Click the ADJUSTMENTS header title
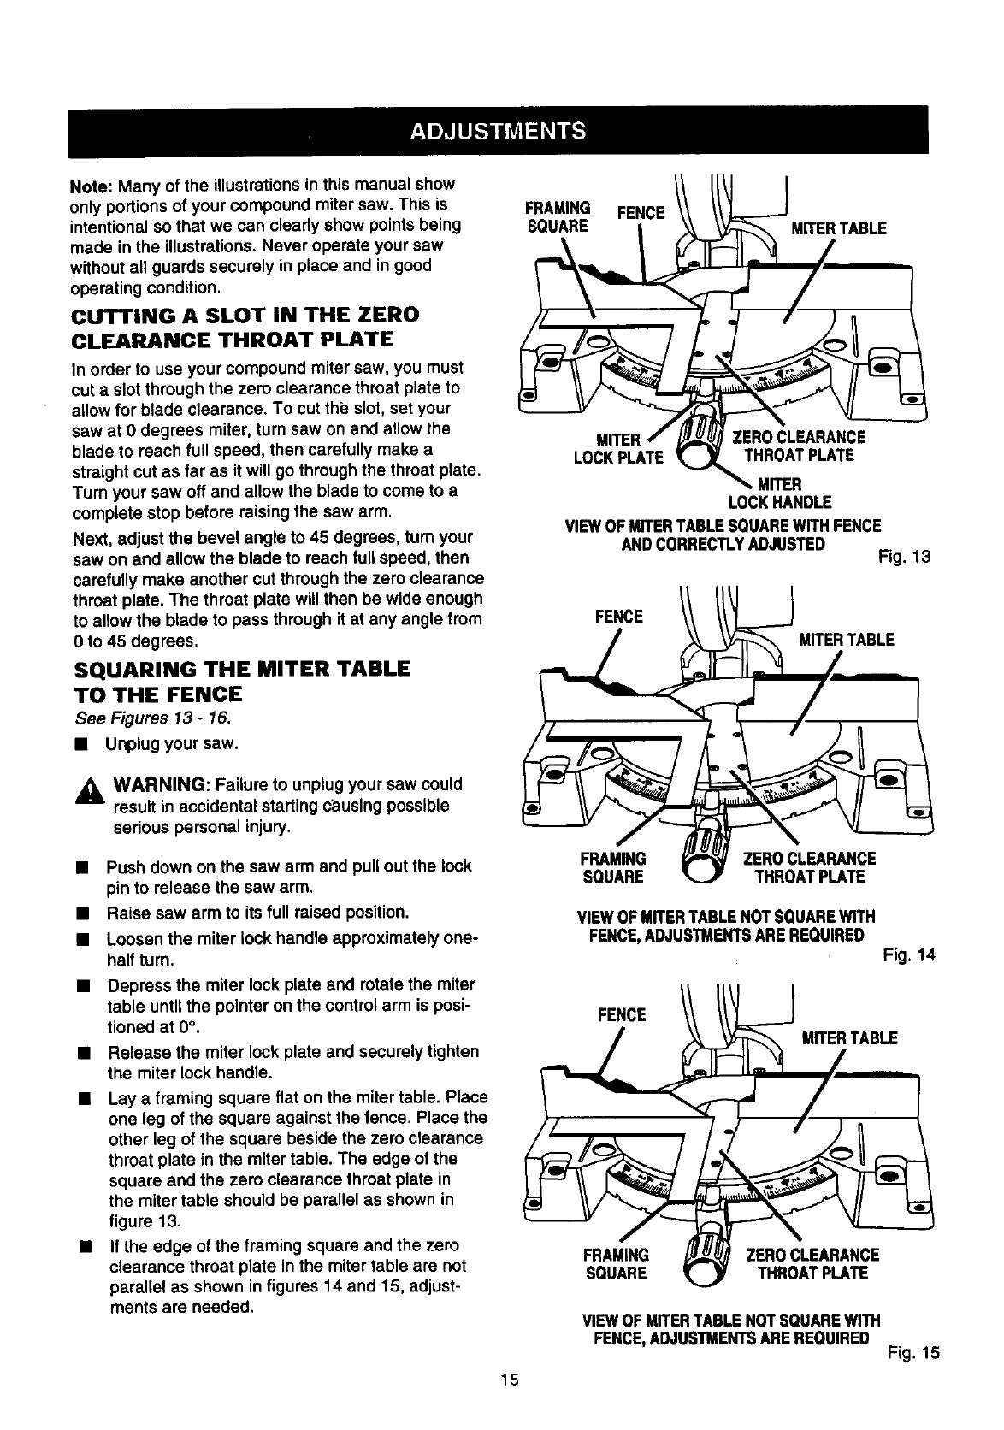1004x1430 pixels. tap(499, 131)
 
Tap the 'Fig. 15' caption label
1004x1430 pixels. tap(912, 1353)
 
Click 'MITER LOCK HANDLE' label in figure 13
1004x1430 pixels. tap(778, 493)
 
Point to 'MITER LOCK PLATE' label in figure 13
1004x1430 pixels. tap(618, 448)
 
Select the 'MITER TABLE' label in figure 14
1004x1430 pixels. tap(846, 640)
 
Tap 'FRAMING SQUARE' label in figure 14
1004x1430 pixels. tap(612, 867)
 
